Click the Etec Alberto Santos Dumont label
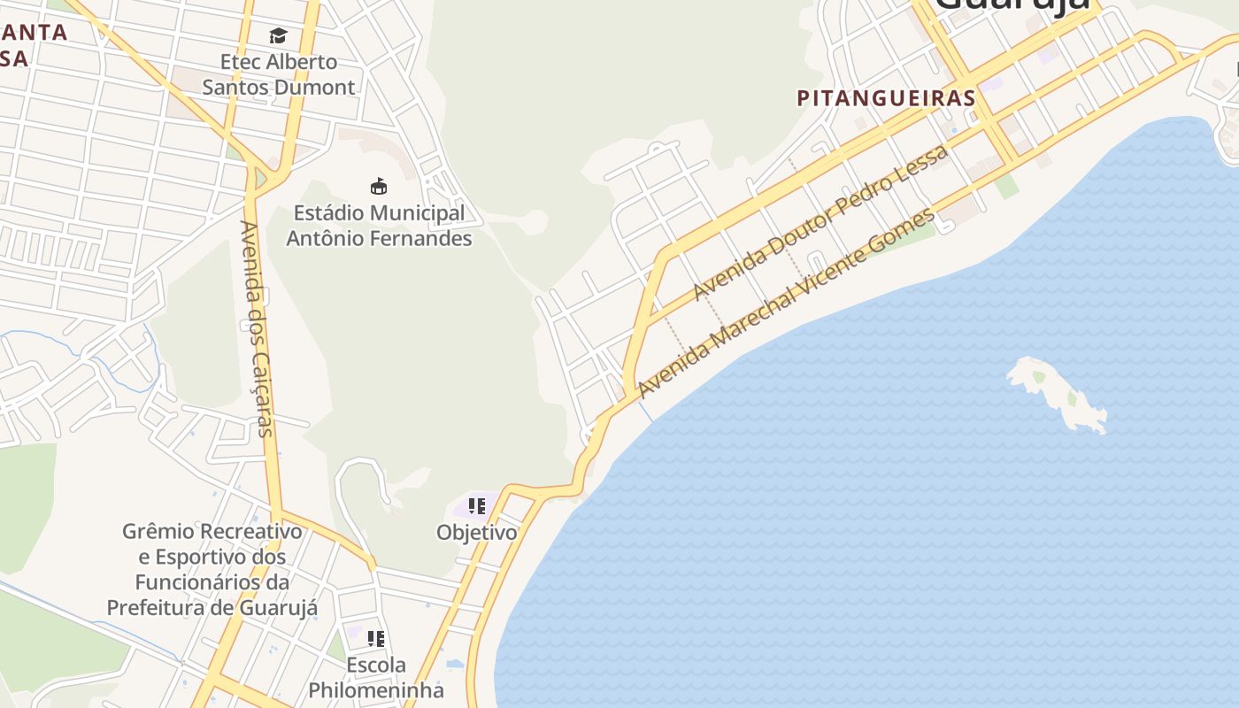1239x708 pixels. pos(278,74)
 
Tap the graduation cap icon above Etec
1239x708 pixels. pos(278,36)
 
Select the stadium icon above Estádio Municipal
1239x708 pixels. pos(379,186)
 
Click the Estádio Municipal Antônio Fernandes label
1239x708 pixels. pos(379,226)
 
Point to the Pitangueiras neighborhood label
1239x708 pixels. pos(886,98)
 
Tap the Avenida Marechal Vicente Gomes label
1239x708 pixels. pos(786,304)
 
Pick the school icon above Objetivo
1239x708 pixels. pos(476,506)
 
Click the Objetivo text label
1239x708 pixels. pos(476,533)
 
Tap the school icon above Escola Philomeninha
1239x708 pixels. pos(376,638)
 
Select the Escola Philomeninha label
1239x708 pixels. pos(376,677)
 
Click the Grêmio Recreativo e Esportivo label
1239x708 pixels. pos(212,569)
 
